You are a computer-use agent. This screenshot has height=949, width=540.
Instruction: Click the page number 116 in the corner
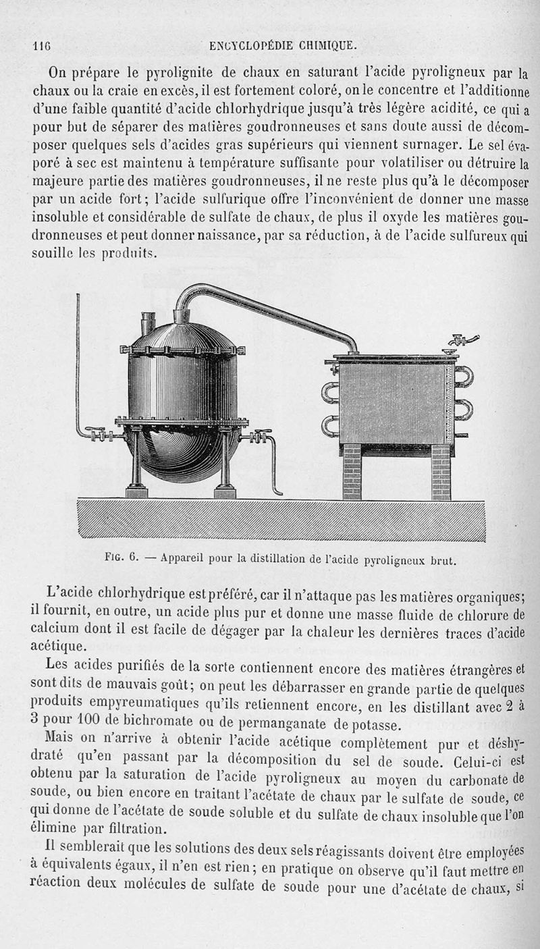(43, 46)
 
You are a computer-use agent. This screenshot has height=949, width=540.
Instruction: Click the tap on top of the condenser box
(463, 340)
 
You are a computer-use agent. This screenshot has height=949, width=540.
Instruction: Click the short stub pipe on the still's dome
(148, 323)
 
